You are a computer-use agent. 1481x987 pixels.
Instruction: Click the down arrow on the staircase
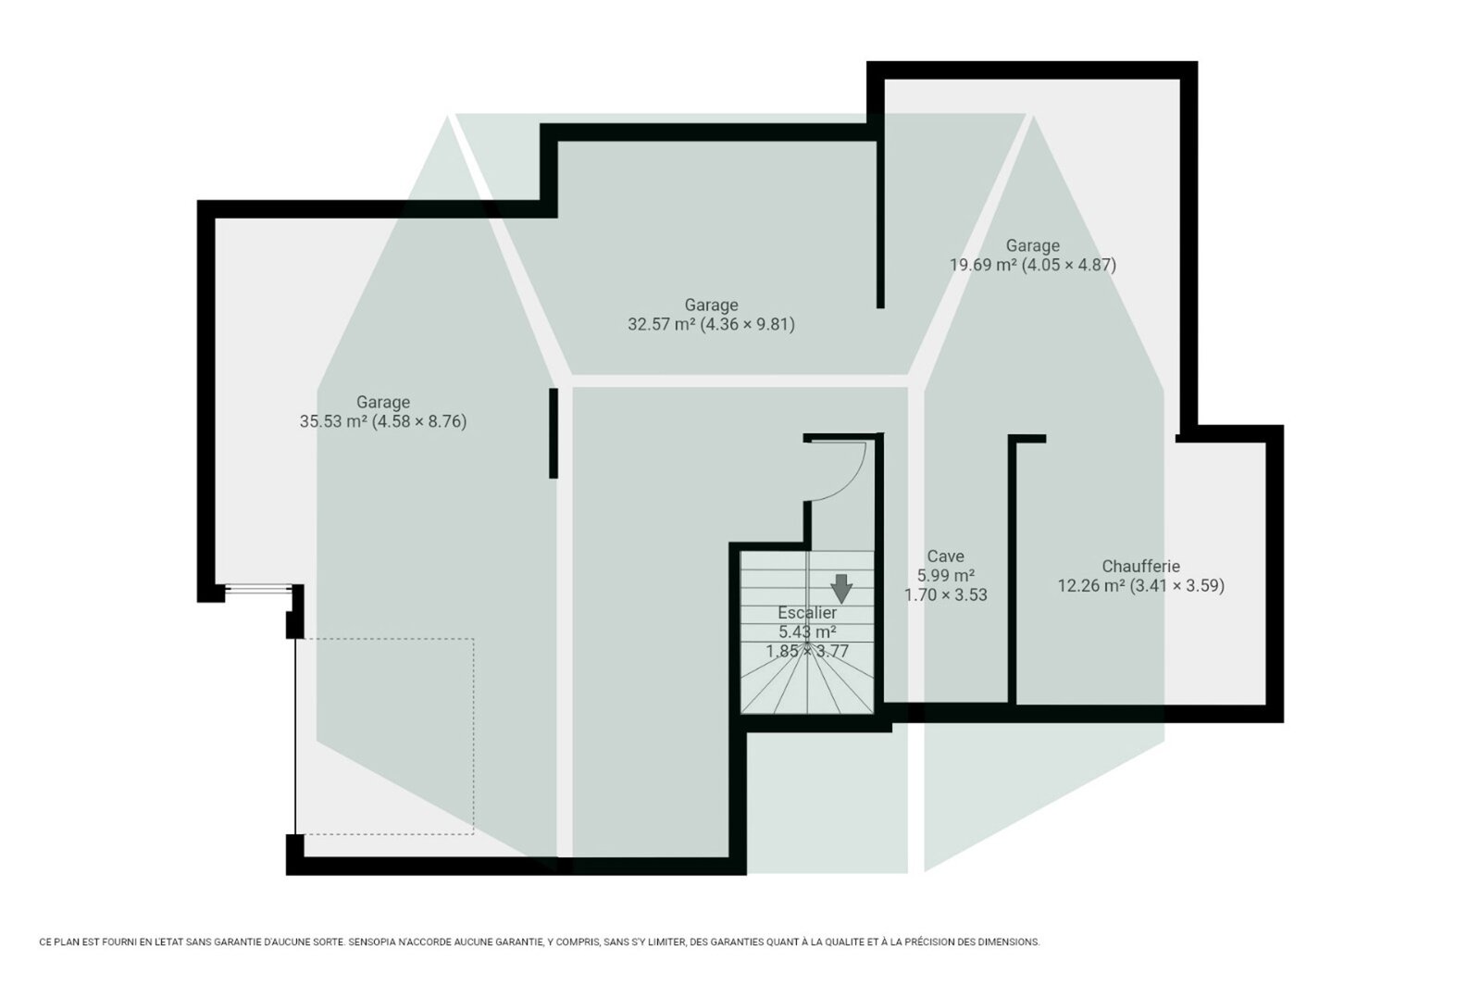point(841,588)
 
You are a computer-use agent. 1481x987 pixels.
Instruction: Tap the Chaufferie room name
point(1140,567)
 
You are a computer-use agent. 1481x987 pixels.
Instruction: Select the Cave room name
point(945,556)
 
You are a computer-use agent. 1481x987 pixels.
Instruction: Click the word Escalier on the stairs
point(807,613)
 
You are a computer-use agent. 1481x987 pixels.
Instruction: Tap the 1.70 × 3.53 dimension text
point(945,594)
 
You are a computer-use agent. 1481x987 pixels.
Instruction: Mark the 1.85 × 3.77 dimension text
point(807,651)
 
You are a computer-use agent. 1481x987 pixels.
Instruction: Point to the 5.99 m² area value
point(945,576)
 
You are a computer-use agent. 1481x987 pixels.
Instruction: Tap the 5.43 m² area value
point(807,631)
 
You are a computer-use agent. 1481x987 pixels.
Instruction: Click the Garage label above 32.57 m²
point(711,305)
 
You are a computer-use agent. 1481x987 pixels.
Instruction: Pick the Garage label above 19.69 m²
point(1033,245)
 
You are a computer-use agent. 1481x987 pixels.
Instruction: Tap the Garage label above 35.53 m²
point(383,402)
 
